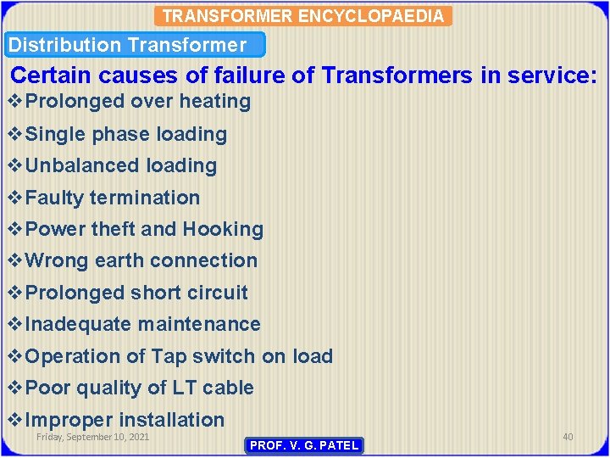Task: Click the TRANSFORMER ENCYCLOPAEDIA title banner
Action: coord(304,16)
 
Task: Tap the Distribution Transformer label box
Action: coord(136,45)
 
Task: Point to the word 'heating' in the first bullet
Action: coord(218,102)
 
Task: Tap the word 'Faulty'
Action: coord(55,198)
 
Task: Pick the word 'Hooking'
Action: coord(223,229)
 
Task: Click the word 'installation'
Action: coord(171,420)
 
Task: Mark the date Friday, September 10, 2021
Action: coord(92,437)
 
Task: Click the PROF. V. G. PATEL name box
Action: coord(303,445)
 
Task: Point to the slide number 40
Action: coord(568,437)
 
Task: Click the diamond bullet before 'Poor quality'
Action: coord(15,388)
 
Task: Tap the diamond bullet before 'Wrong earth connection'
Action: coord(15,260)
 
